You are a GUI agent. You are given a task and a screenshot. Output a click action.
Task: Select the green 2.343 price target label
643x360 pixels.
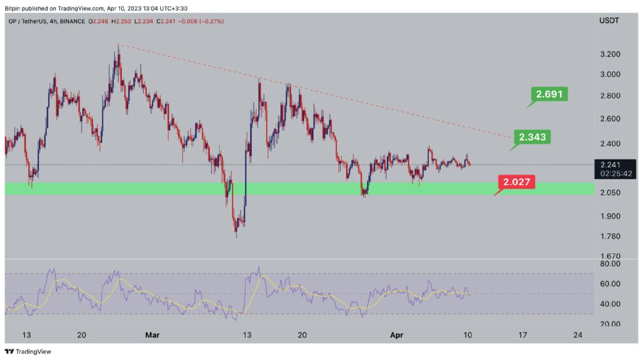coord(532,136)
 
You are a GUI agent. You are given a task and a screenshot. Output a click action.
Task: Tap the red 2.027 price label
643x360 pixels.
coord(518,182)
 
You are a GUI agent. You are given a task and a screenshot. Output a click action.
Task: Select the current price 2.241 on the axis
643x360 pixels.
coord(608,165)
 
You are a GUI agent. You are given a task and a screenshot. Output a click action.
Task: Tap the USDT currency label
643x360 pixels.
coord(608,21)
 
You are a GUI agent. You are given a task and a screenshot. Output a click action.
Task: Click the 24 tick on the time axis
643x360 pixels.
coord(578,335)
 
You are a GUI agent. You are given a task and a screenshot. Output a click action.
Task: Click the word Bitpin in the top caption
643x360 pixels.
coord(15,8)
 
